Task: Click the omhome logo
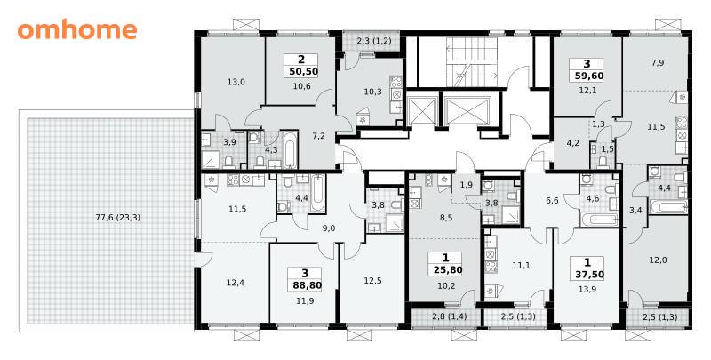coord(77,30)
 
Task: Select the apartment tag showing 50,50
coord(301,65)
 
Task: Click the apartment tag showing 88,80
coord(304,279)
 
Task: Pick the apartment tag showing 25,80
coord(446,264)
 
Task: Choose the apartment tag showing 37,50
coord(587,268)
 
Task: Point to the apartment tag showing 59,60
coord(587,70)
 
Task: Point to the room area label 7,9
coord(658,63)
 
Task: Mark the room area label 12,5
coord(372,281)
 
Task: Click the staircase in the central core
coord(469,62)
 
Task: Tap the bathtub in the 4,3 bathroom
coord(290,149)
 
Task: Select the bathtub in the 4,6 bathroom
coord(598,220)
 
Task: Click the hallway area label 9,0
coord(329,228)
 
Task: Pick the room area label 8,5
coord(447,217)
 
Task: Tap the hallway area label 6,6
coord(552,201)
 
